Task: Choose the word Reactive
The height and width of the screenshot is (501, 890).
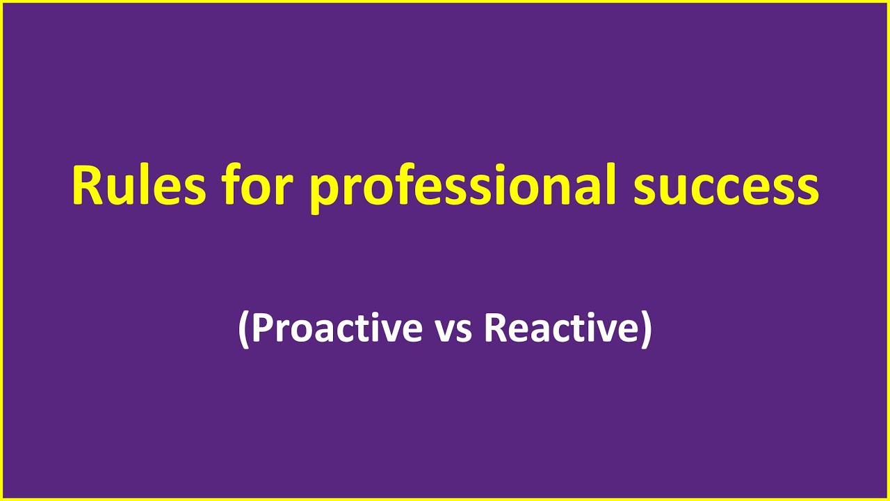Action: pos(560,328)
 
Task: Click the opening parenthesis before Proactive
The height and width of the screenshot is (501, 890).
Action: pos(243,329)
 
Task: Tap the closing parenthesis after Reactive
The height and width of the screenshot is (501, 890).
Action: pos(646,329)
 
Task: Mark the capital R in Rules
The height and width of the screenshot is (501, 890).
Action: pos(87,186)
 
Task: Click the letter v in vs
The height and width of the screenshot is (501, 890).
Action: pos(444,330)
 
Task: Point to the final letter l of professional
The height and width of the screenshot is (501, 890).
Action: pos(612,185)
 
